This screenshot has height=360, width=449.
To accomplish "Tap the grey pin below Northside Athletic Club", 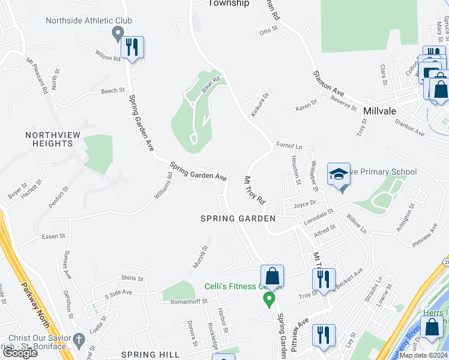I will click(x=118, y=34).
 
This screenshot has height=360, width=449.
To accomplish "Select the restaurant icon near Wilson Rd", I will click(x=132, y=47).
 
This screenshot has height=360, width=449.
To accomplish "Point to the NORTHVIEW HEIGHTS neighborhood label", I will click(x=49, y=139).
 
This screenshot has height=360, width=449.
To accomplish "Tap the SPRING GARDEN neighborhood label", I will click(x=238, y=218).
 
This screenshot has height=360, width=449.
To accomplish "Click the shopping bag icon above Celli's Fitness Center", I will click(x=272, y=277).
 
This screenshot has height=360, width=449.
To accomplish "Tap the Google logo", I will click(x=20, y=352).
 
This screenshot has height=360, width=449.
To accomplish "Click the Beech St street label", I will click(x=112, y=91).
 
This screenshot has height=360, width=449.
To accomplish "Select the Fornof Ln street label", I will click(x=289, y=145).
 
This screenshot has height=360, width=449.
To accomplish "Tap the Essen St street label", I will click(x=53, y=236).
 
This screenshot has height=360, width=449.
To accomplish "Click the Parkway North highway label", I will click(x=30, y=300).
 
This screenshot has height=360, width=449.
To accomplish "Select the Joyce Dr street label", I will click(x=304, y=203).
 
